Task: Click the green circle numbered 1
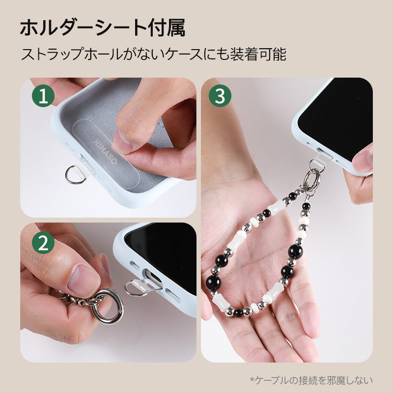coord(43,97)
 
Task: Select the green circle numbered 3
coord(220,97)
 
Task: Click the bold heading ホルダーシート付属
coord(102,29)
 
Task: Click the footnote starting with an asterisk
coord(311,380)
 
